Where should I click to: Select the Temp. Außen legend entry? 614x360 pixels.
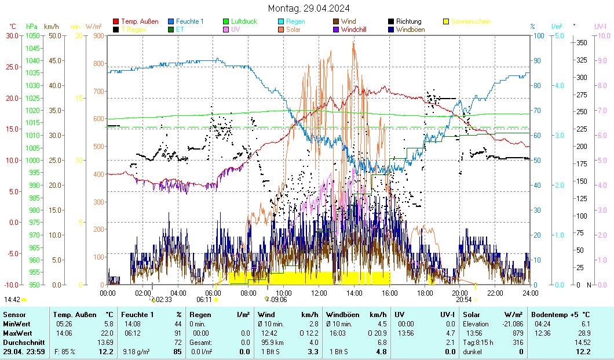[x=139, y=21]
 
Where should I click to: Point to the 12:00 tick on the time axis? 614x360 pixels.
[x=319, y=293]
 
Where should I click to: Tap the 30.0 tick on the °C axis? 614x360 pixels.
[x=12, y=35]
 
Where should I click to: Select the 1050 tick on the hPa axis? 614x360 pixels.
[x=32, y=35]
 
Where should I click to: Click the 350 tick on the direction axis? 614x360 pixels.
[x=582, y=42]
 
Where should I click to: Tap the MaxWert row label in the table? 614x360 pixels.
[x=16, y=333]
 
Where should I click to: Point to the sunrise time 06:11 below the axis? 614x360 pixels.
[x=204, y=300]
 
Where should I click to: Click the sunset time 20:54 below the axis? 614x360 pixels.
[x=463, y=300]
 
